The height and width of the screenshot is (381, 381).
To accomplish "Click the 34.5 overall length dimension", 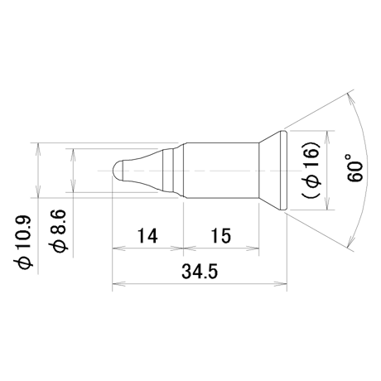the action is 200,272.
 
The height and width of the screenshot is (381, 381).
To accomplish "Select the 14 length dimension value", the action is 147,236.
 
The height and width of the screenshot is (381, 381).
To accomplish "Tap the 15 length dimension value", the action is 221,236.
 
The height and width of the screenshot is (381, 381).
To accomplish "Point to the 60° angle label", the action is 354,168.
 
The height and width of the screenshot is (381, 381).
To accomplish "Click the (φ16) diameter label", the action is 311,170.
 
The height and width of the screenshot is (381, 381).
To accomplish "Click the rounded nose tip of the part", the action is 118,171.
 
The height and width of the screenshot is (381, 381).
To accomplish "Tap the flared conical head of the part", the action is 270,171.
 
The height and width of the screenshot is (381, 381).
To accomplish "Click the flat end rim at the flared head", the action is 284,171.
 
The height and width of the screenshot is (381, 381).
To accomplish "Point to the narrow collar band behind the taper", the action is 168,171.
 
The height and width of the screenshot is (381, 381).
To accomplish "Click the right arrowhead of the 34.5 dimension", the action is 281,283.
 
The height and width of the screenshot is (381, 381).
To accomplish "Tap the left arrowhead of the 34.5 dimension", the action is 118,283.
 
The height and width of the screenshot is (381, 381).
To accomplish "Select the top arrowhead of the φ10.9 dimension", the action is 38,149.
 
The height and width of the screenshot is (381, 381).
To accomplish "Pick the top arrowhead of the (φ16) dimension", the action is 327,137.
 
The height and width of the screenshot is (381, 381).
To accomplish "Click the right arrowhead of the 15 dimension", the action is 253,248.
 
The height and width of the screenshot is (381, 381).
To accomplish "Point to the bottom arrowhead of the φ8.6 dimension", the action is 73,186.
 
